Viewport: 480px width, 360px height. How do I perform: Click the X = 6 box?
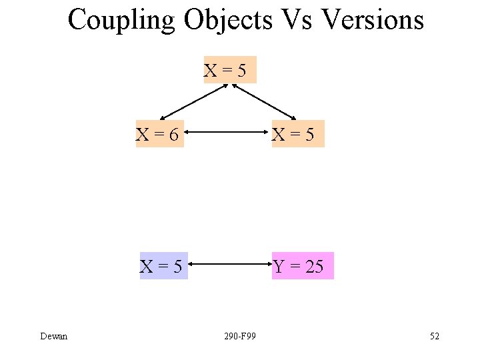(159, 135)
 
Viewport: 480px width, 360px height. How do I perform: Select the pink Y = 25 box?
(302, 267)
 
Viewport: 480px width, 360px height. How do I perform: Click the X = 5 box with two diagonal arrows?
(229, 70)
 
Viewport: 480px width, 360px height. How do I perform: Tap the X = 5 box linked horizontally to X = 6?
(297, 135)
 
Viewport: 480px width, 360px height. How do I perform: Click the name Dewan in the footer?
(53, 336)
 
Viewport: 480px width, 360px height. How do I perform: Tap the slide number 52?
(434, 336)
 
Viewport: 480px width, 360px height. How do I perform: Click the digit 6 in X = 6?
(173, 135)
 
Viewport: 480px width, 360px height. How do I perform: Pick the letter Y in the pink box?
(279, 267)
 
